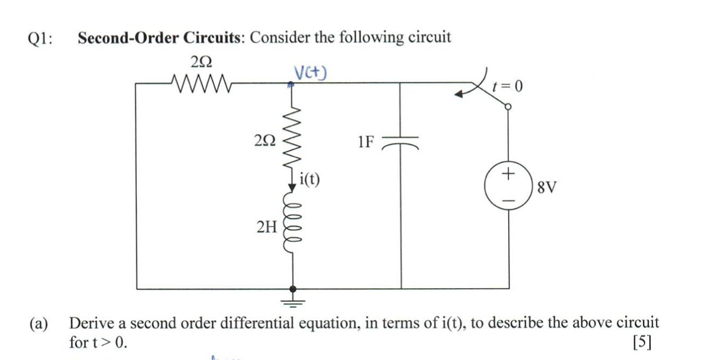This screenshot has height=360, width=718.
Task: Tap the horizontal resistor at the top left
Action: tap(200, 84)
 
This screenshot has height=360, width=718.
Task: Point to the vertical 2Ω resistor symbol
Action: tap(292, 140)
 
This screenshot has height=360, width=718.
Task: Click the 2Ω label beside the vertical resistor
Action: tap(265, 141)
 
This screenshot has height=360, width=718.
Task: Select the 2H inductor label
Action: tap(266, 227)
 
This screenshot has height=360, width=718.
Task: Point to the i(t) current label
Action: tap(310, 179)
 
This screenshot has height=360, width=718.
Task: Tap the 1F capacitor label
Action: tap(365, 141)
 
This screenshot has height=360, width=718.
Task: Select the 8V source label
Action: tap(546, 187)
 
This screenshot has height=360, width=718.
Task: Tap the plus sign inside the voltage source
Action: tap(508, 174)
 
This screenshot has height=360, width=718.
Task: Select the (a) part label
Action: tap(39, 324)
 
